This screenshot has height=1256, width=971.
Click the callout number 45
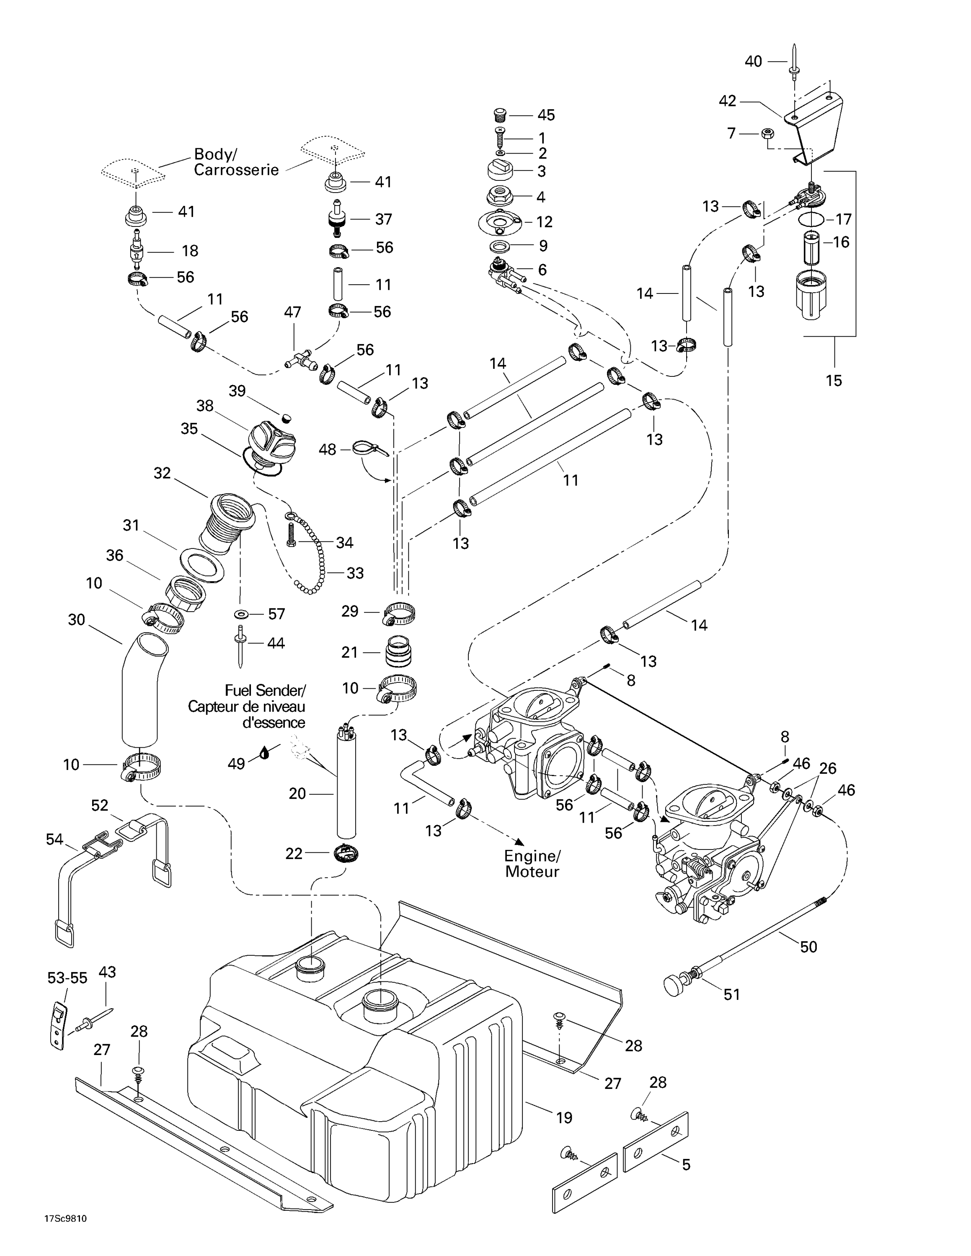point(546,115)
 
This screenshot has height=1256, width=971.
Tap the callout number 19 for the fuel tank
point(564,1117)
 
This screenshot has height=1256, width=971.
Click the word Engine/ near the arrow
point(532,855)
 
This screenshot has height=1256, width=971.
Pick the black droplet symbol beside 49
point(265,752)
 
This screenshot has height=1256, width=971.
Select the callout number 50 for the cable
point(808,947)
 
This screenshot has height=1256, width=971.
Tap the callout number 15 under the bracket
point(834,380)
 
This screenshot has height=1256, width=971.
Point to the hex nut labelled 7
point(767,134)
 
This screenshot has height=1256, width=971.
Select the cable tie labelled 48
point(368,448)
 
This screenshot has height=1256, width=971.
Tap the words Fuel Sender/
point(265,690)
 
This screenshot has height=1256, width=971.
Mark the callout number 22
point(294,853)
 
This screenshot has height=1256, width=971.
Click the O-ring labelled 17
point(811,219)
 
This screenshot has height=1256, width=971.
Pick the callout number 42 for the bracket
point(728,101)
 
